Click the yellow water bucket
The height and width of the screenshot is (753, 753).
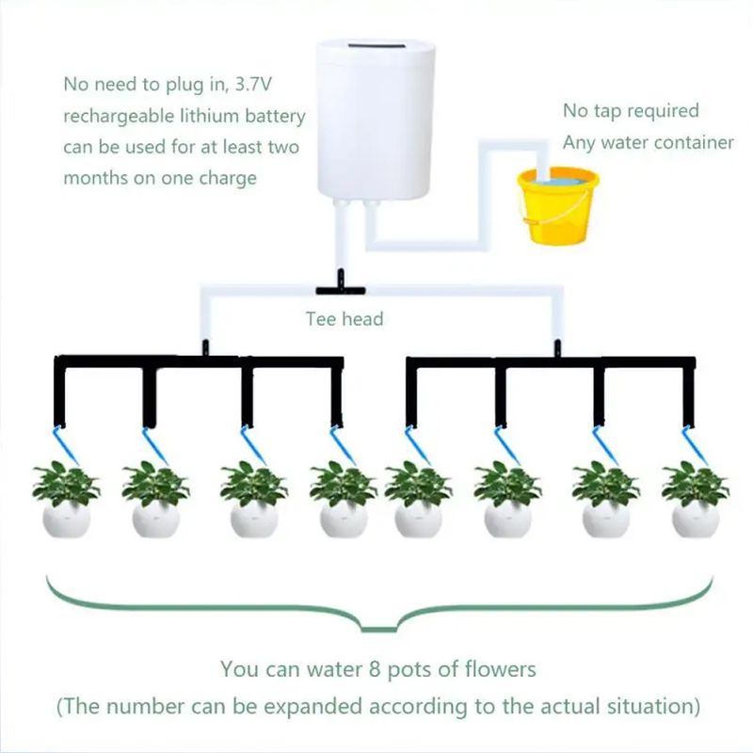pos(558,205)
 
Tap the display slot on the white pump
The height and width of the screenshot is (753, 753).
pos(376,46)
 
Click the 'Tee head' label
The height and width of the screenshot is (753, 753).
pos(344,319)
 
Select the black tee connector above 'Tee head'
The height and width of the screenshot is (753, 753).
pos(341,285)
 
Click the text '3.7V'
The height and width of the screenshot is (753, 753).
pos(253,84)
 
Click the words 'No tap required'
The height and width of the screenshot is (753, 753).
pos(631,111)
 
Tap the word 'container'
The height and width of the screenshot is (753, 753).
pos(694,143)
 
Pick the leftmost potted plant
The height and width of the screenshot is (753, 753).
pos(66,499)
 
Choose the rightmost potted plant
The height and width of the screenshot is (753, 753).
pos(696,499)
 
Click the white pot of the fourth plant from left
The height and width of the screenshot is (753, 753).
pos(344,520)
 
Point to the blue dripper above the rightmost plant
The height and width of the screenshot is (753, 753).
pos(695,444)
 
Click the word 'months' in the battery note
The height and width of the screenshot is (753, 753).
pos(96,178)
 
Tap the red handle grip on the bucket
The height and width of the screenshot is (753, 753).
pos(532,221)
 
